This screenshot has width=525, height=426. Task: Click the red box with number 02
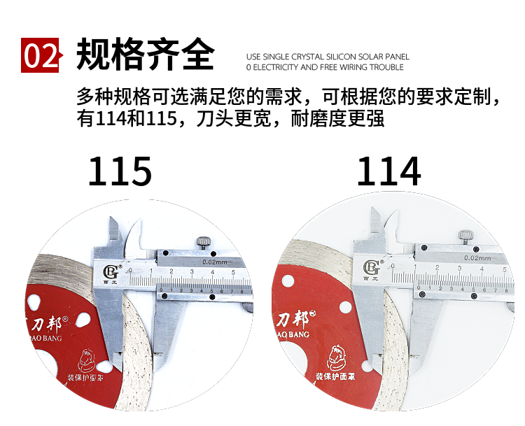tap(41, 55)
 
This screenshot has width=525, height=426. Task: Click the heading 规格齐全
tap(145, 55)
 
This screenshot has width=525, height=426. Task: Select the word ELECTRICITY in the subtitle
tap(274, 68)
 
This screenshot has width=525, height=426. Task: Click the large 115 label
tap(120, 171)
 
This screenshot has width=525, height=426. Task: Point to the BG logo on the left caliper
tap(111, 269)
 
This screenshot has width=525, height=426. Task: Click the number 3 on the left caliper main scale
tap(192, 271)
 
